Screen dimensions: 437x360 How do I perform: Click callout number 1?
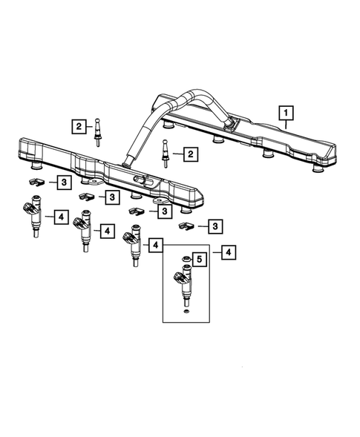[x=286, y=114]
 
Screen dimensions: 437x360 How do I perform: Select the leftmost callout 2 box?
[x=79, y=127]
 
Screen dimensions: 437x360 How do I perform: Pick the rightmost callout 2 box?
[x=191, y=154]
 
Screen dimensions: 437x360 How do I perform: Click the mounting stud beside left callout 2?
[x=97, y=128]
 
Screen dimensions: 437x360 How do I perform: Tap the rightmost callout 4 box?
[x=227, y=252]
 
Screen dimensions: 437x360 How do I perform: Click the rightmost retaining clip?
[x=187, y=225]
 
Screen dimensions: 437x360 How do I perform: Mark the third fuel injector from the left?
[x=134, y=244]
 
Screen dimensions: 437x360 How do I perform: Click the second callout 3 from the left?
[x=111, y=197]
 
